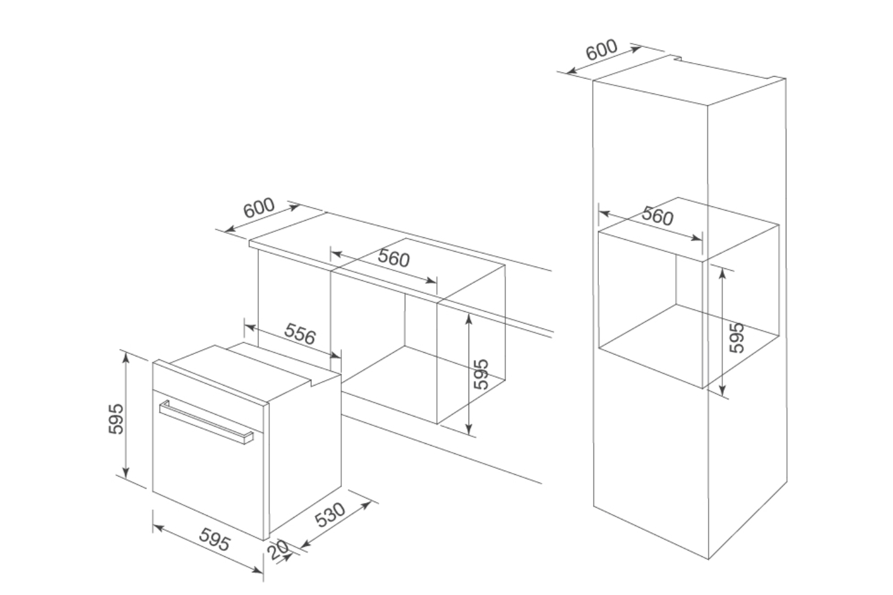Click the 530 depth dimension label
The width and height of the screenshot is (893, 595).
[x=331, y=515]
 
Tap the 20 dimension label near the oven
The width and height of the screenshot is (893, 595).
[x=278, y=551]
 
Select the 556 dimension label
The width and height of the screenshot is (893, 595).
[x=299, y=335]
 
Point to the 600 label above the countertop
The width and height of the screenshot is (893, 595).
[x=260, y=208]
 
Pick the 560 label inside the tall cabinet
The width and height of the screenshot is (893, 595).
[x=657, y=217]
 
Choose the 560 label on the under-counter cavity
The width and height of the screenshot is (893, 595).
[x=394, y=259]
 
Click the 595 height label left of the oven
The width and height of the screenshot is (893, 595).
[x=117, y=419]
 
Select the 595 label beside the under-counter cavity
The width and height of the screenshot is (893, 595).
[x=481, y=374]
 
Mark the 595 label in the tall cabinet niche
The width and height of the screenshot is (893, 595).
[x=736, y=337]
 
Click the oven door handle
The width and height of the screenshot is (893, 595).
[x=205, y=423]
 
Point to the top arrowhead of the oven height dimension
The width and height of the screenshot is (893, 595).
[x=126, y=355]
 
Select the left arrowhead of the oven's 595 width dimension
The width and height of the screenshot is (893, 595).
[x=155, y=527]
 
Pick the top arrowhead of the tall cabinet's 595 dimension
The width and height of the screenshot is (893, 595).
[x=723, y=271]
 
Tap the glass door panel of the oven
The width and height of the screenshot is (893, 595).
[x=208, y=470]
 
